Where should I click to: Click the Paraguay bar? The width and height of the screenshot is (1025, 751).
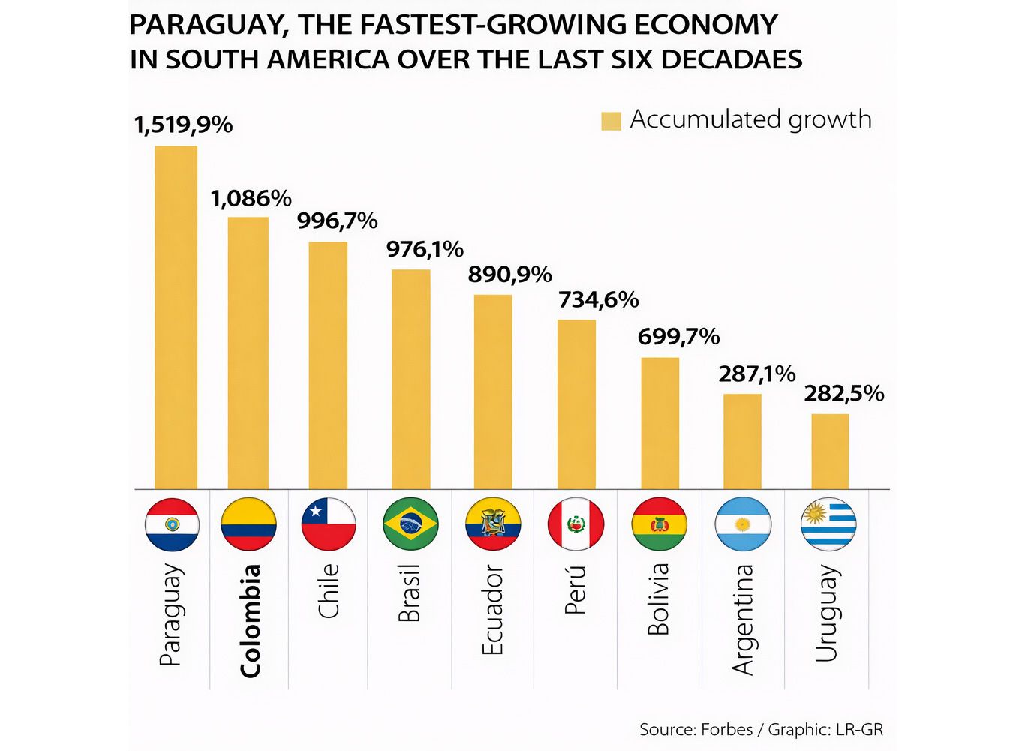tap(176, 317)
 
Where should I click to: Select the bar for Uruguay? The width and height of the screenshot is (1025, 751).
tap(830, 452)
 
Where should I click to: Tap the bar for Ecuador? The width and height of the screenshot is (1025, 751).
tap(493, 392)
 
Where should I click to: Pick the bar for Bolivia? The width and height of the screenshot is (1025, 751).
tap(660, 423)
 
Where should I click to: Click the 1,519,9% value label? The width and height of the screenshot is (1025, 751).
tap(183, 125)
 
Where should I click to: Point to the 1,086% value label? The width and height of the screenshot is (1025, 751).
tap(251, 199)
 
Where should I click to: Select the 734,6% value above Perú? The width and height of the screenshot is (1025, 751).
tap(598, 300)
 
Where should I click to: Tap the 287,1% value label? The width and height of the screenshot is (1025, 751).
tap(756, 374)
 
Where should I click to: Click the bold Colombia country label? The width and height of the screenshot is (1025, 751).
tap(250, 621)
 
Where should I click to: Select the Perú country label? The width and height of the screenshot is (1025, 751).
tap(575, 590)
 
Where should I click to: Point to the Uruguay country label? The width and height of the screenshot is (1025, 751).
tap(826, 614)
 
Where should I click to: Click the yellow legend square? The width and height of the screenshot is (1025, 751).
tap(611, 121)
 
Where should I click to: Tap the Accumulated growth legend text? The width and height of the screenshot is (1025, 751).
tap(750, 119)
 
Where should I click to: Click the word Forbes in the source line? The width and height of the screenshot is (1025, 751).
tap(726, 729)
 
